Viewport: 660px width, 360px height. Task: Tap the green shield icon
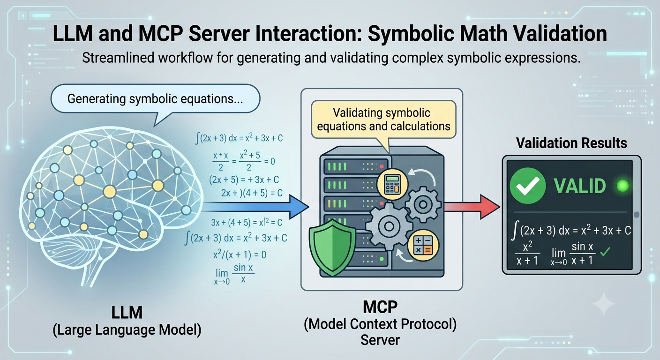coord(332,247)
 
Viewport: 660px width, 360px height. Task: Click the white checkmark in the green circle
coord(527,186)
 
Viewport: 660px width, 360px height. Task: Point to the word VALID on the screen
coord(579,186)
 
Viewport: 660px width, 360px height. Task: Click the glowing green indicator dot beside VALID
coord(622,186)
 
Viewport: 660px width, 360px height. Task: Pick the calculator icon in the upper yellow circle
coord(392,184)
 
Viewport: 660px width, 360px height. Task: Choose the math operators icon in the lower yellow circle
coord(423,246)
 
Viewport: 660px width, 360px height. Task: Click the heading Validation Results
coord(571,143)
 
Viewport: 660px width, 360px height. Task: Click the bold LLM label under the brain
coord(127,313)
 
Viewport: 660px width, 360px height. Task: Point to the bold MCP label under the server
coord(380,307)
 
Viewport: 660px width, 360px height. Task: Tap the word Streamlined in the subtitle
coord(118,58)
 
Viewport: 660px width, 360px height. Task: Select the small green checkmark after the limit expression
coord(605,252)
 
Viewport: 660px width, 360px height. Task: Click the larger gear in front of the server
coord(389,226)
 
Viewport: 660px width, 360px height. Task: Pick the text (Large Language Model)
coord(127,330)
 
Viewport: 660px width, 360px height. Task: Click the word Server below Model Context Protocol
coord(380,340)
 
